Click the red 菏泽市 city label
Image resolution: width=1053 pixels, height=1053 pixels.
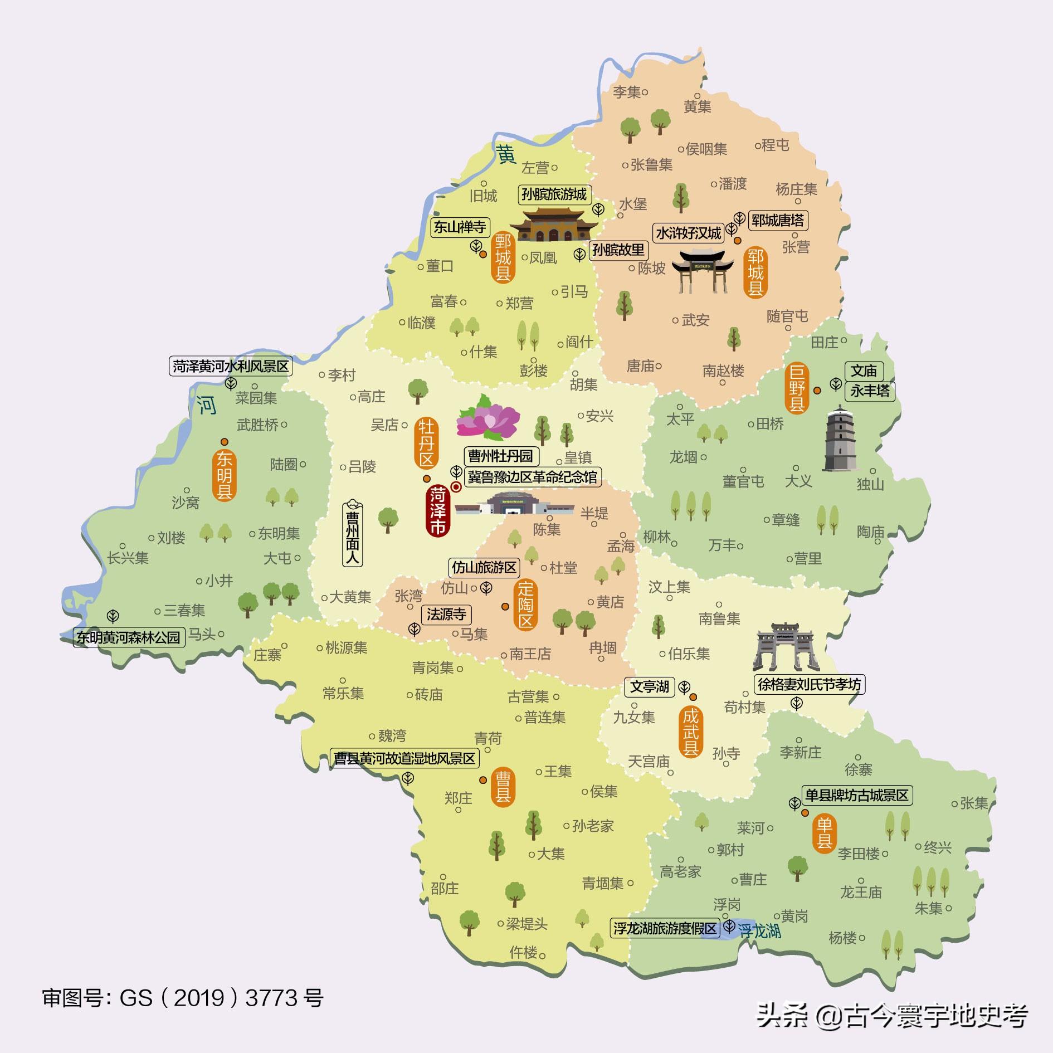click(438, 511)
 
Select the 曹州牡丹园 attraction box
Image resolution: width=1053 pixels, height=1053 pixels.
click(500, 456)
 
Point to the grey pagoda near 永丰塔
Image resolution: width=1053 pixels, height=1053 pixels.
click(840, 438)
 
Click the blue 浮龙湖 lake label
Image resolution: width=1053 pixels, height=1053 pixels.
click(759, 931)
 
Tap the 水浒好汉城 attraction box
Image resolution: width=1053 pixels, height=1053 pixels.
click(688, 233)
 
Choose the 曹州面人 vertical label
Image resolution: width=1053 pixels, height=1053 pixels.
click(353, 532)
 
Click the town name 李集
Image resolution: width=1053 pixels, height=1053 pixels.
click(627, 92)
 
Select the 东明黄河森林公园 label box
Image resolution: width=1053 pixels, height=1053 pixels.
click(129, 637)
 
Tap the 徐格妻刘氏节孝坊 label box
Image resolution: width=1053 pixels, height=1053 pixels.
click(808, 684)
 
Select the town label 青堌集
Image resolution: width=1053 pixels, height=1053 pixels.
click(603, 883)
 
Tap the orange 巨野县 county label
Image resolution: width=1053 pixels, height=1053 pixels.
click(796, 388)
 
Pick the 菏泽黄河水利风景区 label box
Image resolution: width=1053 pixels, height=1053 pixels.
click(231, 366)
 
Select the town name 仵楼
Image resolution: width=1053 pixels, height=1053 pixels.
click(523, 952)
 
